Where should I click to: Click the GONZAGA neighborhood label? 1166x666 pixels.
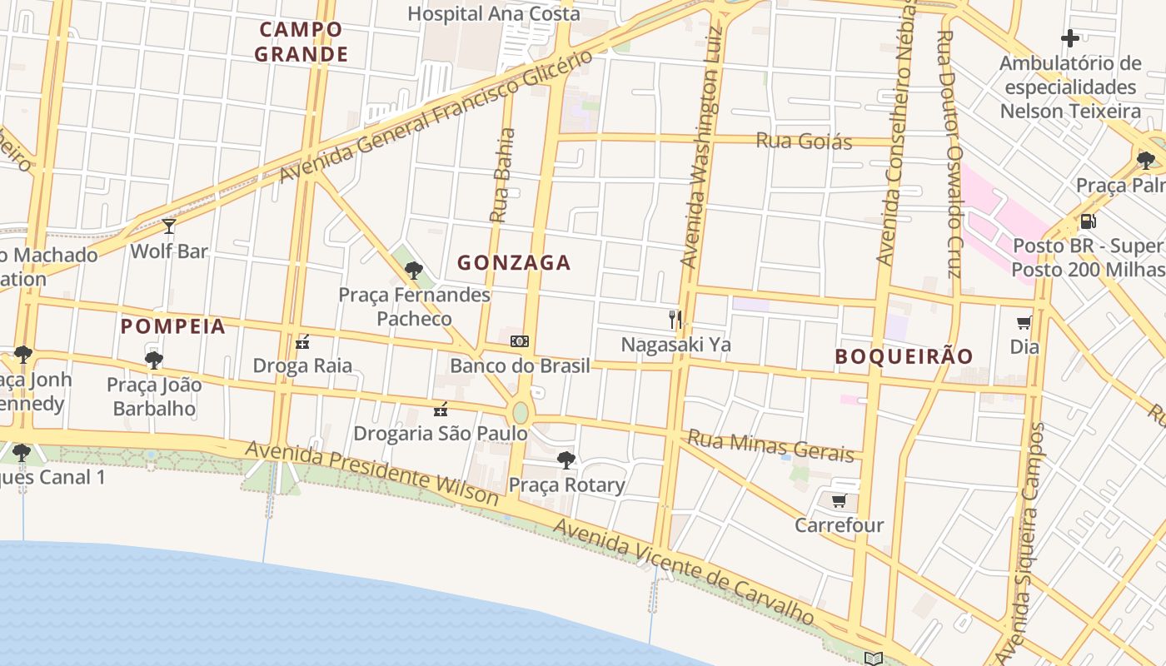(514, 263)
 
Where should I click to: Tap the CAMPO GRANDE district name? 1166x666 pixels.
(301, 42)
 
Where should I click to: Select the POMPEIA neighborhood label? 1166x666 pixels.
(173, 326)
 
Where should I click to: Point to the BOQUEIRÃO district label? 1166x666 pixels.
(904, 356)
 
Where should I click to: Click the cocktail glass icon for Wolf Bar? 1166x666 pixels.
(169, 226)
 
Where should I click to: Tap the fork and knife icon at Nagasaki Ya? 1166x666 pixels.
(675, 319)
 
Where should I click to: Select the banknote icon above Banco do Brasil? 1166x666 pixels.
(520, 340)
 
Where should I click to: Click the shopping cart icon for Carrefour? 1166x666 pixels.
(839, 500)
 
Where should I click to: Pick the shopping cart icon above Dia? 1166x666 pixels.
(1024, 322)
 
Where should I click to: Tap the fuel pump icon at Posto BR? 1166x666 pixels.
(1087, 221)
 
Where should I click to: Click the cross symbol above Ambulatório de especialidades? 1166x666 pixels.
(1070, 38)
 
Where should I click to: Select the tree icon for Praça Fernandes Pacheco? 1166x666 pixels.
(413, 270)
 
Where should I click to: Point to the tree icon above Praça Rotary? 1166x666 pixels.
(566, 460)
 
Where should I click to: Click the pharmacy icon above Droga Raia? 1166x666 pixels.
(302, 341)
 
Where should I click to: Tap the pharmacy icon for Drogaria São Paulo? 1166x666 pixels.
(441, 409)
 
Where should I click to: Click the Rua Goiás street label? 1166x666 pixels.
(804, 141)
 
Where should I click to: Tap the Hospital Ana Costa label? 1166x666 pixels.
(494, 14)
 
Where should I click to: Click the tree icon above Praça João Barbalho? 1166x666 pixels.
(154, 360)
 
